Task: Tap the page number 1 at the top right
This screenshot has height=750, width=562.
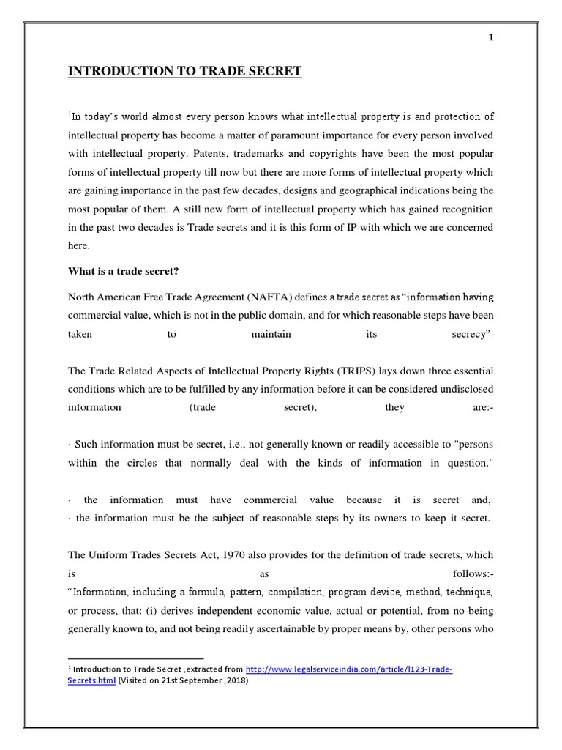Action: [x=491, y=39]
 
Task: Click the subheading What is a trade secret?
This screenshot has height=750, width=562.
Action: [x=124, y=272]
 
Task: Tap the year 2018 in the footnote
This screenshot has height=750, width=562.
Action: [x=238, y=680]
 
